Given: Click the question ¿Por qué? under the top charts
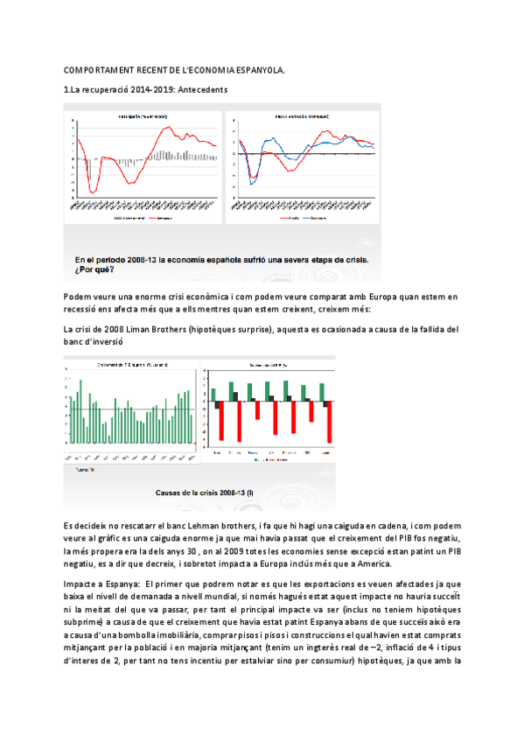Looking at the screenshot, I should (x=93, y=269).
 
